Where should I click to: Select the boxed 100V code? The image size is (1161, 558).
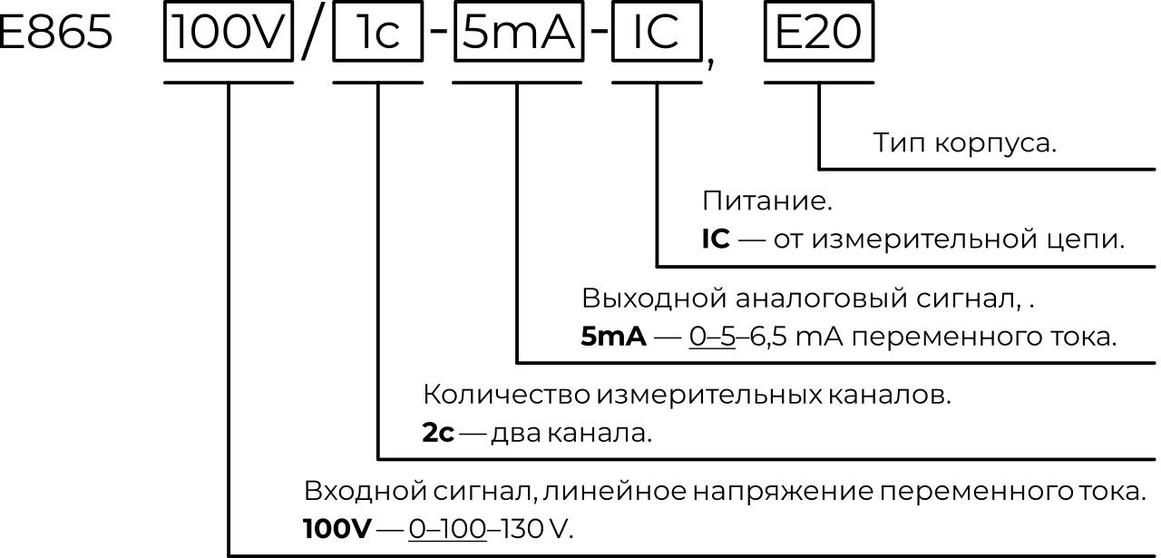click(x=229, y=34)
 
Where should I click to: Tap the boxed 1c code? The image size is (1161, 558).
click(x=377, y=34)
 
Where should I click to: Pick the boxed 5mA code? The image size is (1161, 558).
click(x=518, y=34)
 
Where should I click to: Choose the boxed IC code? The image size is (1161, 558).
click(x=656, y=34)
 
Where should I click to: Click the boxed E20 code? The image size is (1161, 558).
click(x=819, y=34)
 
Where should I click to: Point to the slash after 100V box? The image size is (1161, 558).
click(x=312, y=36)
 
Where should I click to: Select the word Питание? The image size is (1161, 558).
click(x=766, y=201)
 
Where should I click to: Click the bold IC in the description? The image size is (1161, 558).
click(x=716, y=240)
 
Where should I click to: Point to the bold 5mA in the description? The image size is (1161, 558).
click(x=613, y=337)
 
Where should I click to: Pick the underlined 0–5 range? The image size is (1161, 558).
click(x=712, y=337)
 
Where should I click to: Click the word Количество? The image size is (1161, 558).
click(x=505, y=395)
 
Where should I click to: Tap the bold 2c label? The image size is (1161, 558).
click(x=438, y=433)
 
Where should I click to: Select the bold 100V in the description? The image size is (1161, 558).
click(x=337, y=528)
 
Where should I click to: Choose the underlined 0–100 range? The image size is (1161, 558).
click(x=447, y=528)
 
